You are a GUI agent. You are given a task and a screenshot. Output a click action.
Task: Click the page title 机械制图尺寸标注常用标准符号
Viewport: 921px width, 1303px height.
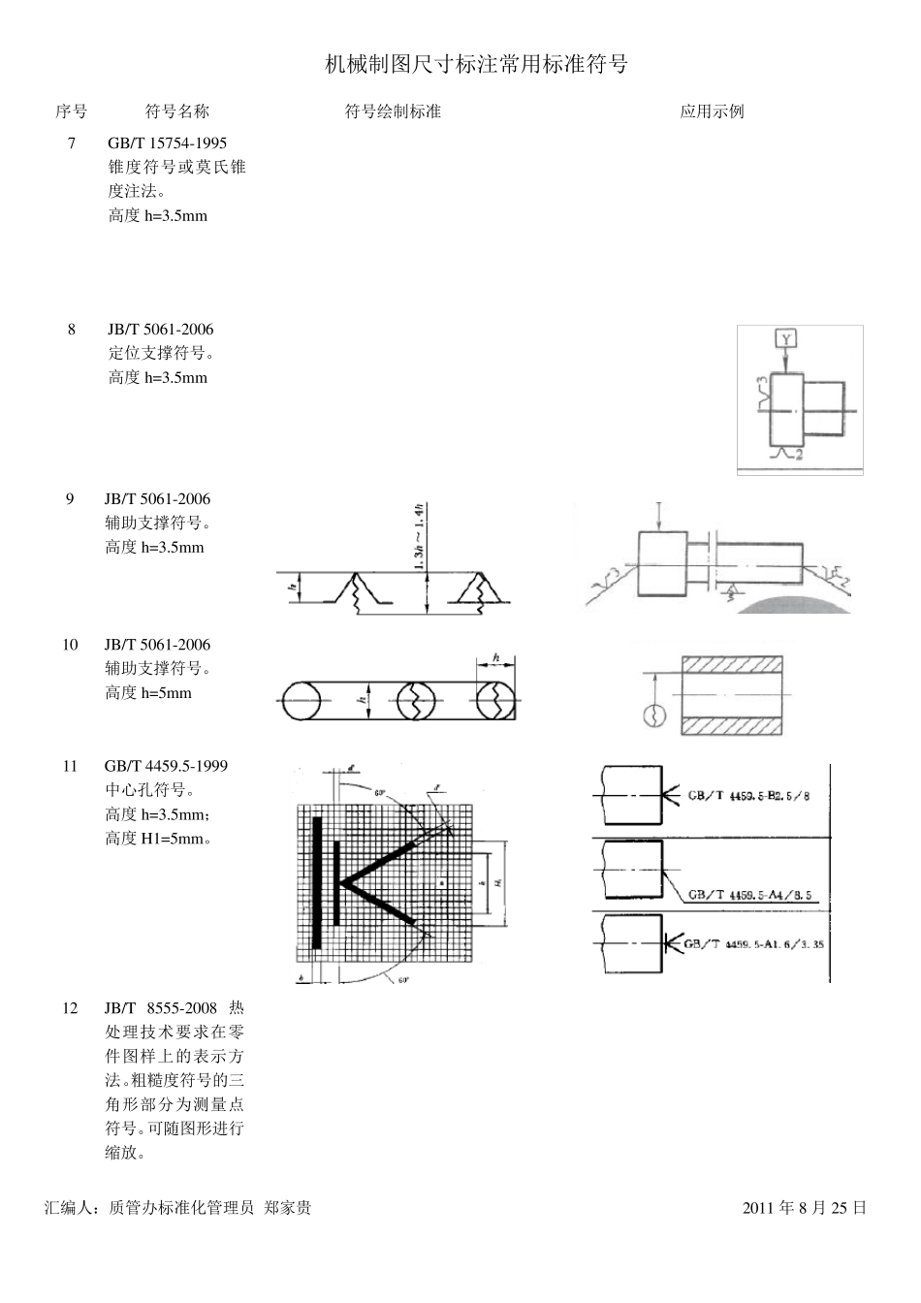click(x=476, y=65)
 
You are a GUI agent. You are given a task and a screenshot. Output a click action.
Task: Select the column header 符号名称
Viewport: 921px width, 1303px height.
click(x=176, y=111)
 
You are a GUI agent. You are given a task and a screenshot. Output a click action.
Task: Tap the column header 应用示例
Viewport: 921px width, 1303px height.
click(x=712, y=111)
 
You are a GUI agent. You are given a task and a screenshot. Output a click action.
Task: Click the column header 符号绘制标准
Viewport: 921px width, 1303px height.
click(x=393, y=111)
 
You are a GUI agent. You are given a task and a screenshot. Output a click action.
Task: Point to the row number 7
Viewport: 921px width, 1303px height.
click(x=71, y=143)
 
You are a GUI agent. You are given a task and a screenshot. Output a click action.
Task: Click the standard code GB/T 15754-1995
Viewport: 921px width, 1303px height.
click(x=167, y=143)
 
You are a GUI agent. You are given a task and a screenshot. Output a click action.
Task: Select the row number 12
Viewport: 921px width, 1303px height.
click(x=70, y=1008)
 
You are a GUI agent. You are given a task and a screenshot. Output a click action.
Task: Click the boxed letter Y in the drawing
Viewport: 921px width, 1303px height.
click(x=786, y=338)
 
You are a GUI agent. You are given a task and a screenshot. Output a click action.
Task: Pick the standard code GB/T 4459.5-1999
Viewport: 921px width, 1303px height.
click(x=166, y=766)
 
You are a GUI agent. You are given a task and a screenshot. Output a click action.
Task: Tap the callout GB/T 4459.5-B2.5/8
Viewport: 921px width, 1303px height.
click(x=747, y=796)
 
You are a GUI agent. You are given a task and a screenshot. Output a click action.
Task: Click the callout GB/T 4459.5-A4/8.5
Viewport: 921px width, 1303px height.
click(x=749, y=895)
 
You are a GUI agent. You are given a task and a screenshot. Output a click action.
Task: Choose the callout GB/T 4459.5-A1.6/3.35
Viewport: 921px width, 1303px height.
click(x=753, y=943)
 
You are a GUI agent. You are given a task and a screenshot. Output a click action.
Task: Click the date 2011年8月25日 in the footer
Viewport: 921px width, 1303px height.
click(x=804, y=1208)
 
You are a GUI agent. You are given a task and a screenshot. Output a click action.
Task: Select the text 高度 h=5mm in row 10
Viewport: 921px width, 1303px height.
click(x=148, y=693)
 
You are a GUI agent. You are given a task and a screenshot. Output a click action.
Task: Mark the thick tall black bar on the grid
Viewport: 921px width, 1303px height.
click(x=317, y=882)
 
